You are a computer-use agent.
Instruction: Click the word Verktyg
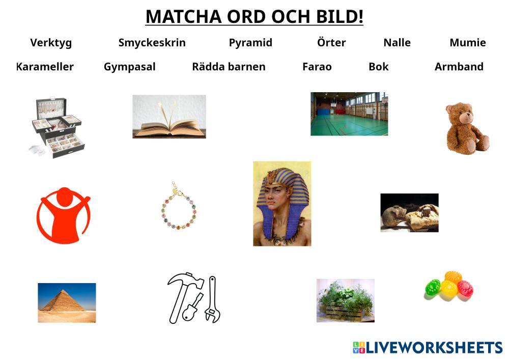click(x=51, y=43)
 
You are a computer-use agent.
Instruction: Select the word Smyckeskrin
click(x=152, y=43)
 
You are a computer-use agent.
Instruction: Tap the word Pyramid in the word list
click(x=250, y=43)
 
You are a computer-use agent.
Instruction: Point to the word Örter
click(x=331, y=42)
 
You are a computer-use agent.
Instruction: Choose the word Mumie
click(x=468, y=42)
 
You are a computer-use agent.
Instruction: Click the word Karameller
click(x=45, y=67)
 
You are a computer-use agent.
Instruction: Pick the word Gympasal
click(x=129, y=67)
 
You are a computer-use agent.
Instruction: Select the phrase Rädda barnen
click(x=229, y=67)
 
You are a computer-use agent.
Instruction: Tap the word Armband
click(x=459, y=67)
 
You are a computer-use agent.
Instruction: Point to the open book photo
click(x=169, y=117)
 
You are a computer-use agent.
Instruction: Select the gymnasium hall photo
click(x=349, y=114)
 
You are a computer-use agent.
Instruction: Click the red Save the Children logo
click(x=63, y=215)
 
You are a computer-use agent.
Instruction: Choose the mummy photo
click(x=409, y=213)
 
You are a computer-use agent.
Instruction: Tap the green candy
click(x=433, y=288)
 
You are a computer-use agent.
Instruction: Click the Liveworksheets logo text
click(x=434, y=347)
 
